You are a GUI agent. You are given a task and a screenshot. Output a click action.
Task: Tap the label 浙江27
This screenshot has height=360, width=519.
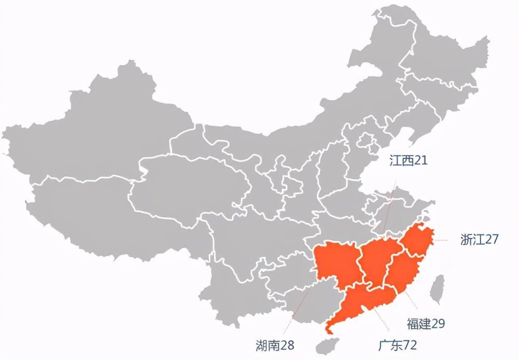479,240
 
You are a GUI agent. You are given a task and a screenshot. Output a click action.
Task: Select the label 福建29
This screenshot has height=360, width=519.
426,324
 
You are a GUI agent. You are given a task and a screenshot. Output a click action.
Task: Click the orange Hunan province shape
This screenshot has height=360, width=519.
336,265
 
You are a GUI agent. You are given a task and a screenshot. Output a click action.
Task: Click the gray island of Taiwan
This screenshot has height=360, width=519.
438,289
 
